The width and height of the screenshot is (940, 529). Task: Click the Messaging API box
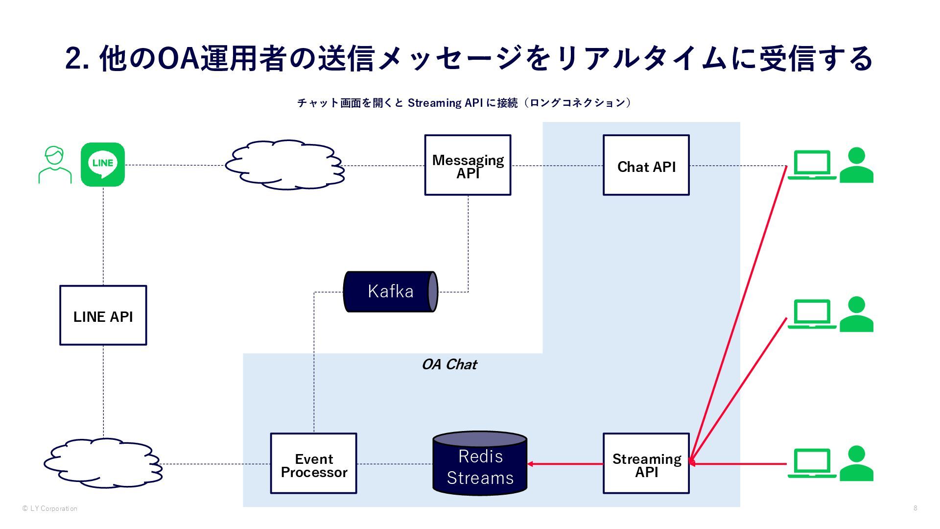point(468,165)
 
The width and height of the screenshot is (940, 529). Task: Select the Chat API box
point(646,165)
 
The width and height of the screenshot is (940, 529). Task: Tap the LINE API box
point(103,315)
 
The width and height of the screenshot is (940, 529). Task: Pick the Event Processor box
point(313,463)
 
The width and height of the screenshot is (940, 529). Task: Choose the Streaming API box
point(646,463)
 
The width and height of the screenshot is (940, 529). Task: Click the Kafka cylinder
point(390,291)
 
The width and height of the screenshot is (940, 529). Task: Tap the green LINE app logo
point(103,164)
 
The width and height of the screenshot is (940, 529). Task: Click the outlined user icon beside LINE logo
point(55,165)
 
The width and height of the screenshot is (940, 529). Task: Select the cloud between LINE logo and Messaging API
point(285,165)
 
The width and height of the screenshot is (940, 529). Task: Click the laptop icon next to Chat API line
point(811,165)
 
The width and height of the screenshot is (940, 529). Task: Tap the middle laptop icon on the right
point(811,314)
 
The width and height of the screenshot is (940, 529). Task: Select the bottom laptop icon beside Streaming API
point(811,463)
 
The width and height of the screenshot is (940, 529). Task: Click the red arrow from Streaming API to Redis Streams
point(565,464)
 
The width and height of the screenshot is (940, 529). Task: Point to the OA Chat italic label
point(449,364)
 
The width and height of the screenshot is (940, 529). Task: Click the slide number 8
point(915,508)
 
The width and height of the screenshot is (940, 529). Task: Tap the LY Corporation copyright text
point(50,508)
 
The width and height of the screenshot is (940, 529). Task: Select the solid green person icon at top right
point(856,165)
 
